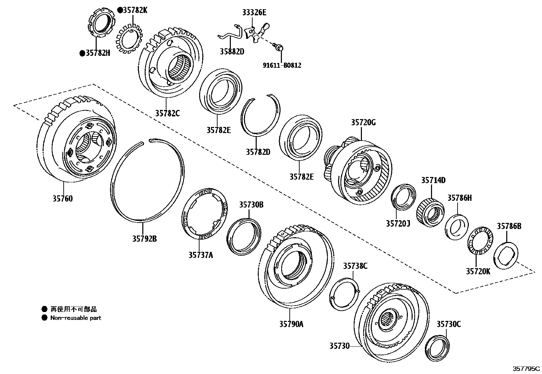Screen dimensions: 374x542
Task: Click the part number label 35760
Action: (62, 199)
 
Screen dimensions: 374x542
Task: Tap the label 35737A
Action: (201, 255)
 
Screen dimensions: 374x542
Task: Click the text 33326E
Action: (254, 13)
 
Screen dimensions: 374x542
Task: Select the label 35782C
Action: (167, 113)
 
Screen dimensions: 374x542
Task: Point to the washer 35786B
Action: (505, 256)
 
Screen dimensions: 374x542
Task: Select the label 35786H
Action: (459, 198)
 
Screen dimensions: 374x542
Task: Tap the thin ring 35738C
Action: (344, 293)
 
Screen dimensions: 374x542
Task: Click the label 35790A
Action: (291, 324)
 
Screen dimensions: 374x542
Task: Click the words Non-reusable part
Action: (76, 318)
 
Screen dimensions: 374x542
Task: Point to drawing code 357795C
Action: (526, 368)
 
